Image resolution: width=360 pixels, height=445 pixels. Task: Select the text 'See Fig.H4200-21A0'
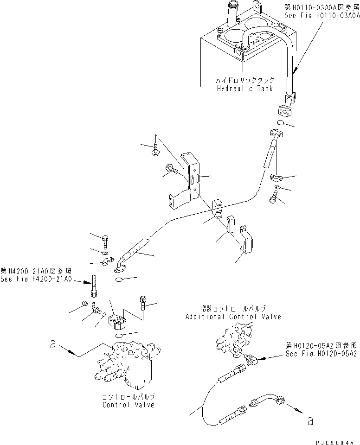pyautogui.click(x=36, y=279)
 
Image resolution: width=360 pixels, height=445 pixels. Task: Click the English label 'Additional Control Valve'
pyautogui.click(x=233, y=317)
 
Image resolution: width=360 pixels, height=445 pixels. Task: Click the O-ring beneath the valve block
pyautogui.click(x=119, y=336)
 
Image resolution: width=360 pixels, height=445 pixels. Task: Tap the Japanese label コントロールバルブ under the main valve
pyautogui.click(x=129, y=397)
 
